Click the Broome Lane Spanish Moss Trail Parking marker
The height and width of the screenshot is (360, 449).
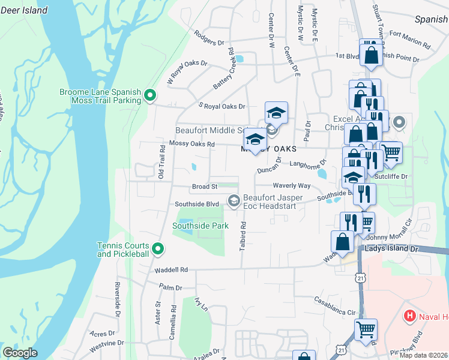pyautogui.click(x=151, y=95)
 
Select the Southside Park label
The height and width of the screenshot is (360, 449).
pyautogui.click(x=200, y=226)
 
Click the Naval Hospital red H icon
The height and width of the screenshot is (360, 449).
pyautogui.click(x=410, y=316)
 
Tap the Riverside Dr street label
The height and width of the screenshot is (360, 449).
pyautogui.click(x=118, y=298)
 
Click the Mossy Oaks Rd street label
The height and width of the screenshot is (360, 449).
pyautogui.click(x=192, y=144)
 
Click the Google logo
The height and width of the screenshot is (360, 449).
pyautogui.click(x=20, y=353)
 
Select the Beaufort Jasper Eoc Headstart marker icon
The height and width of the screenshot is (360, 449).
pyautogui.click(x=234, y=200)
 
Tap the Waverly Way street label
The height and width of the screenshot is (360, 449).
pyautogui.click(x=291, y=186)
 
